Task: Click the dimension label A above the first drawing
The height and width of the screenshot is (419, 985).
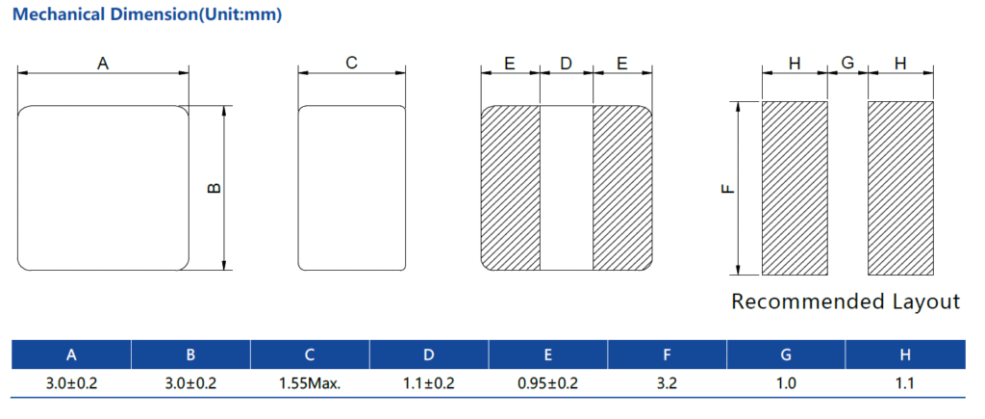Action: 103,63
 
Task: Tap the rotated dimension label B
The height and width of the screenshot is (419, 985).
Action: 215,188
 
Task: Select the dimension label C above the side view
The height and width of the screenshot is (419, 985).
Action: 352,63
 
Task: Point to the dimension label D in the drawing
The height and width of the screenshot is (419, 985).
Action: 567,63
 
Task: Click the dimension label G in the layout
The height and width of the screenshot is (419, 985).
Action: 847,63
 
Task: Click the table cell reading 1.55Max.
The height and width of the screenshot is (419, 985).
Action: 310,383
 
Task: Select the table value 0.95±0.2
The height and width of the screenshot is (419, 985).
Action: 548,383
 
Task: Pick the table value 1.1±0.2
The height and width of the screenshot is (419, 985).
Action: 429,383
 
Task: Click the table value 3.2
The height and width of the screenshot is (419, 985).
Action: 668,383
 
